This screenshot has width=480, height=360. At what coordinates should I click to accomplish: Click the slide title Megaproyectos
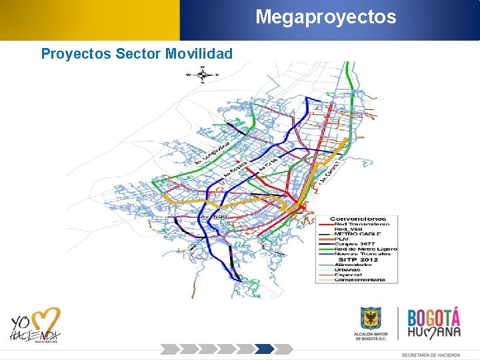[x=325, y=16]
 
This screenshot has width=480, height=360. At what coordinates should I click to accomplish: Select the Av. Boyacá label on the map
[x=235, y=169]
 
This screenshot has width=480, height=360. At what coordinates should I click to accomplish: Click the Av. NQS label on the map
[x=213, y=217]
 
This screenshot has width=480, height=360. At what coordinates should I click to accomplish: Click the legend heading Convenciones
[x=359, y=219]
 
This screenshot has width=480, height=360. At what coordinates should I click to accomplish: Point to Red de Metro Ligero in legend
[x=365, y=249]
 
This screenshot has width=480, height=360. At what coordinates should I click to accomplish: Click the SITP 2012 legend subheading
[x=358, y=259]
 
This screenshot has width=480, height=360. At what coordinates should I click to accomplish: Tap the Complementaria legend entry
[x=359, y=279]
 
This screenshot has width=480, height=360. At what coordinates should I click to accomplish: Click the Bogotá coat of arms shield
[x=371, y=318]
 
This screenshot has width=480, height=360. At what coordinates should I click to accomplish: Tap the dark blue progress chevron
[x=265, y=349]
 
